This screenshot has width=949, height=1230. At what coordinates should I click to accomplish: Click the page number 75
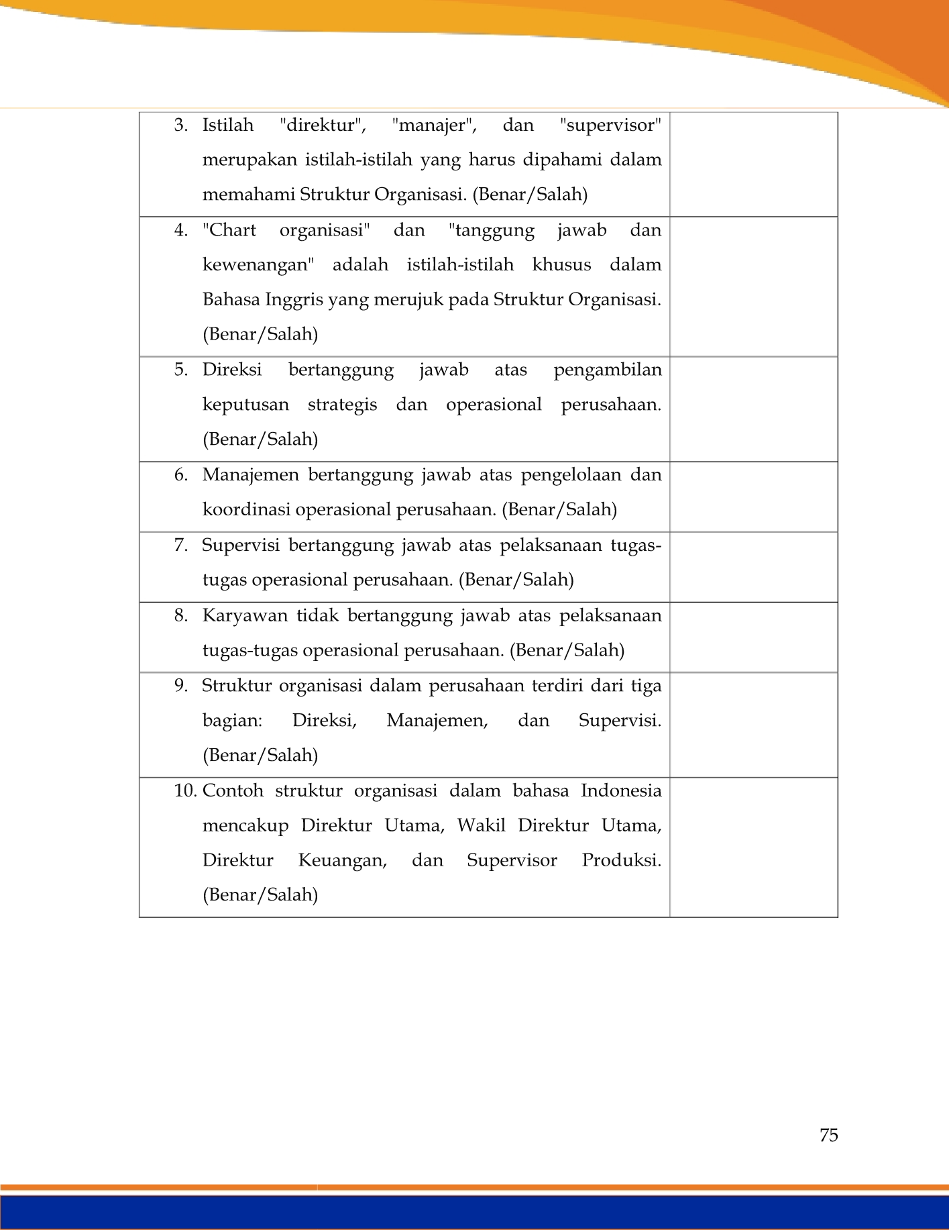[x=828, y=1135]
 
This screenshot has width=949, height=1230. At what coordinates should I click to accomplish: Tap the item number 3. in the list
[x=180, y=125]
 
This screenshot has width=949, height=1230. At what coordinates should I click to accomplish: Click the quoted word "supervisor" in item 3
[x=610, y=125]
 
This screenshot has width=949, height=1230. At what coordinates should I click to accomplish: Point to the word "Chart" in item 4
[x=229, y=230]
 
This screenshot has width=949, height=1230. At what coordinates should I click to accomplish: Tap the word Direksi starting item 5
[x=232, y=370]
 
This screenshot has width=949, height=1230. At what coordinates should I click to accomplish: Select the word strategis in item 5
[x=342, y=405]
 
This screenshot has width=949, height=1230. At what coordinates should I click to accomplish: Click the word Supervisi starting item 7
[x=240, y=545]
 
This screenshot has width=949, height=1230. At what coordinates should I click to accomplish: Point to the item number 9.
[x=180, y=686]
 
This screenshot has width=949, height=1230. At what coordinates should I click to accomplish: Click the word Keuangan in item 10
[x=343, y=860]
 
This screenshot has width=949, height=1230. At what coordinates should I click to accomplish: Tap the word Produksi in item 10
[x=621, y=860]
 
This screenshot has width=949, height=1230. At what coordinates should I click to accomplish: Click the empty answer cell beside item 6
[x=753, y=497]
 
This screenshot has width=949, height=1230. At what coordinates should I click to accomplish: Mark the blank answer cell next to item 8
[x=753, y=637]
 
